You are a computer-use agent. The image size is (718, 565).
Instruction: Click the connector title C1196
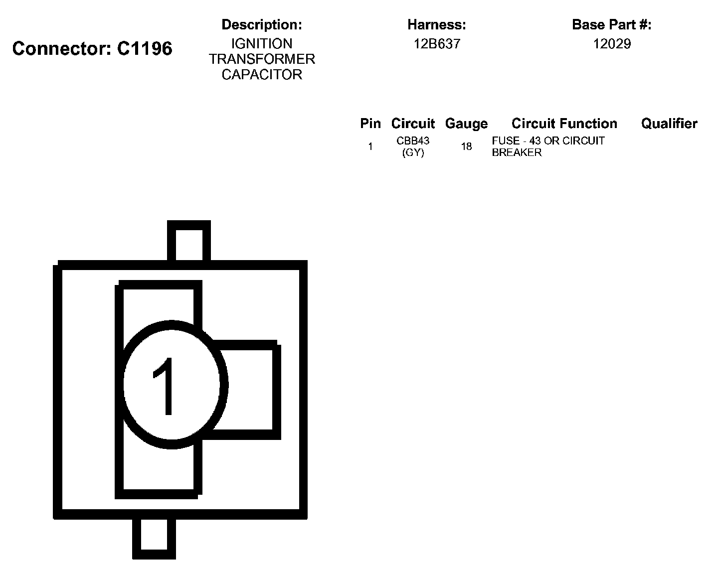(x=92, y=49)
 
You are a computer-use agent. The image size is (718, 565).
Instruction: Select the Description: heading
(x=262, y=24)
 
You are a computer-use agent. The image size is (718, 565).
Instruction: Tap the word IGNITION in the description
(x=262, y=44)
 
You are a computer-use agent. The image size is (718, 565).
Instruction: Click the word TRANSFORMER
(x=262, y=59)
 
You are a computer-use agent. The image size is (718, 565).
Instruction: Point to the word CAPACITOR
(x=262, y=75)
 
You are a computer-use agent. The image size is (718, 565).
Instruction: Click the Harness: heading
(x=436, y=24)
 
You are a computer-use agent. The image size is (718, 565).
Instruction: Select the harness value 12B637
(x=437, y=44)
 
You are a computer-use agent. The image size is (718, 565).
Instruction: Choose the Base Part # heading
(x=611, y=24)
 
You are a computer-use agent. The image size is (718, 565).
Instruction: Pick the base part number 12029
(x=612, y=44)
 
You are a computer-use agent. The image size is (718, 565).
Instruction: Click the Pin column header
(x=370, y=124)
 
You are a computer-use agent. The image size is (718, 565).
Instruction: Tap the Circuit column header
(x=413, y=124)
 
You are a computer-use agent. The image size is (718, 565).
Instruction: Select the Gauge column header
(x=466, y=124)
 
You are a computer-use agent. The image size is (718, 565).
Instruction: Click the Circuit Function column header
(x=564, y=124)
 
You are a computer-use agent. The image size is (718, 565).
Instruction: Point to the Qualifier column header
(x=669, y=124)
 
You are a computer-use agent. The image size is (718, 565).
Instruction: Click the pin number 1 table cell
(x=370, y=146)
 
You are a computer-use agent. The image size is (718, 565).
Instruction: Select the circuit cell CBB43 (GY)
(x=413, y=146)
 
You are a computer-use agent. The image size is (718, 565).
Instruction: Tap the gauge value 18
(x=466, y=146)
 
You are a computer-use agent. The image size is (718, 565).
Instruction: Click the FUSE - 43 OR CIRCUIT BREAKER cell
(x=547, y=146)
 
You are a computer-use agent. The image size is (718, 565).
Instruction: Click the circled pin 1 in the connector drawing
(x=171, y=385)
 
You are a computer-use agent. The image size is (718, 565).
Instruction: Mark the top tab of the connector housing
(x=188, y=242)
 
